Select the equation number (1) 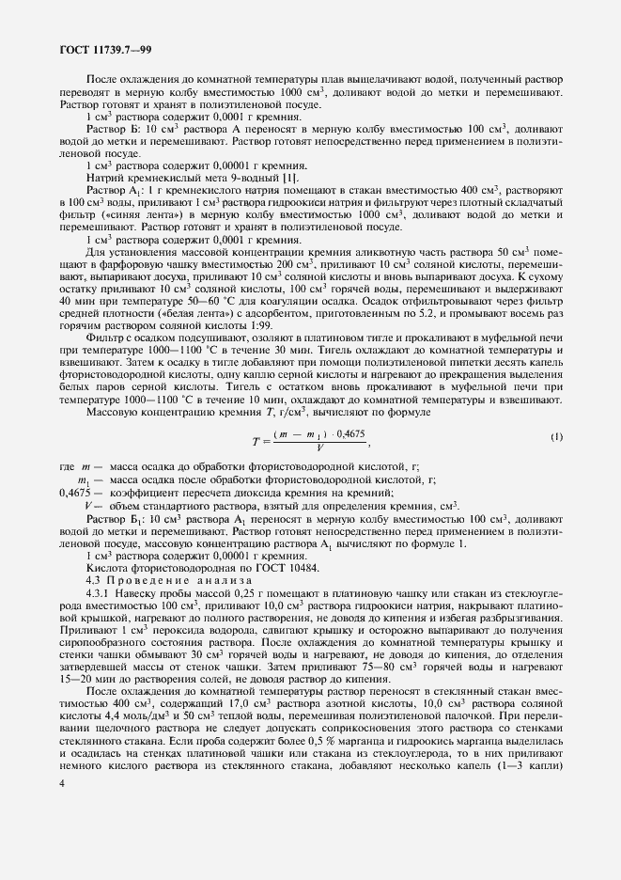(555, 438)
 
